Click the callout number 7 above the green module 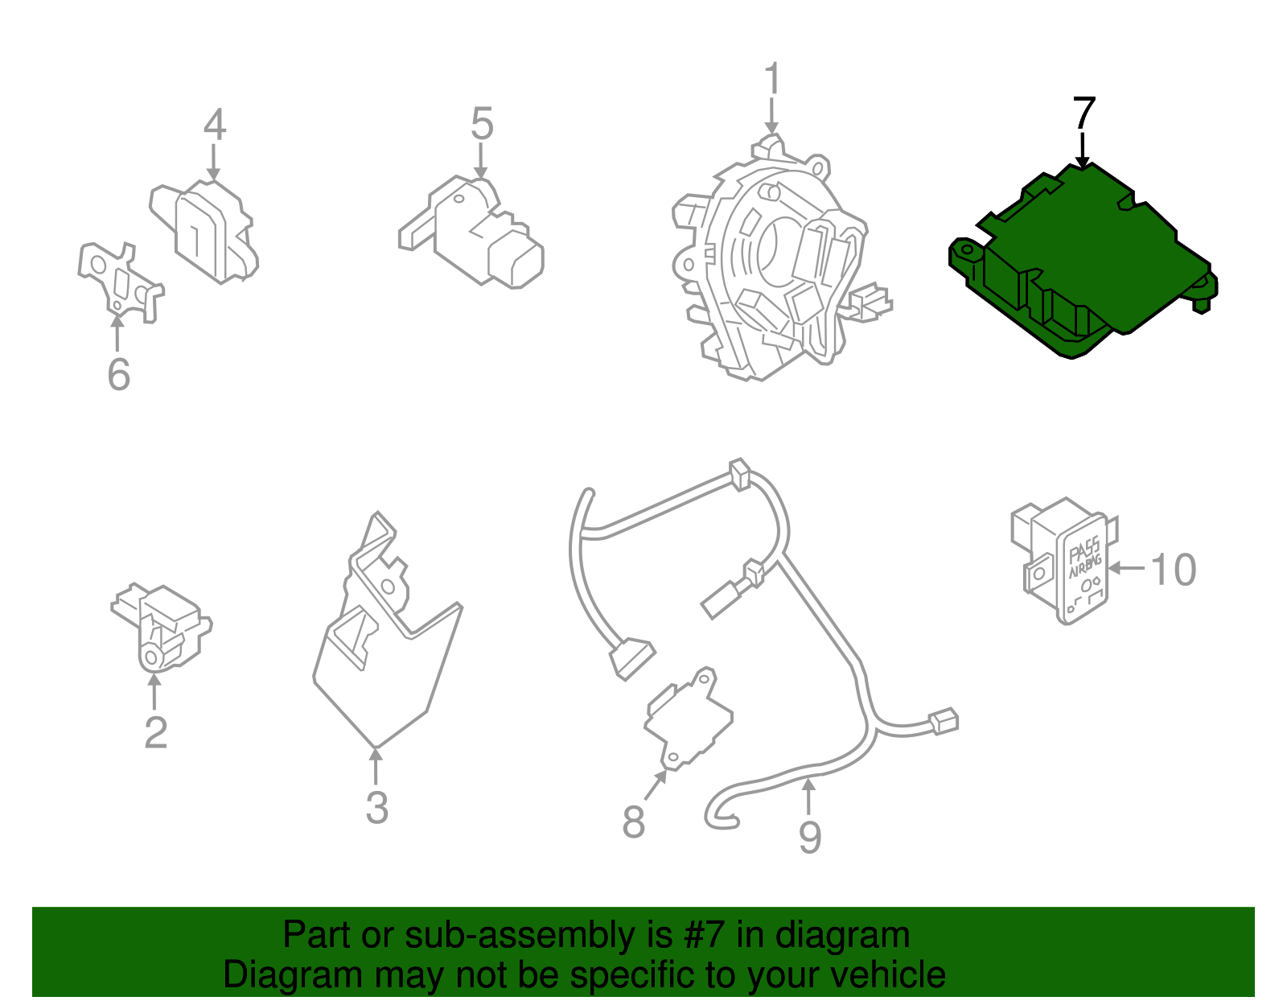[1083, 114]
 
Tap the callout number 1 [771, 80]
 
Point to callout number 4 [214, 125]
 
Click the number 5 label [481, 125]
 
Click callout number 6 [118, 374]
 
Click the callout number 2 [155, 732]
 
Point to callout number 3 [376, 807]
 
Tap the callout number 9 [809, 837]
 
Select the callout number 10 [1174, 570]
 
